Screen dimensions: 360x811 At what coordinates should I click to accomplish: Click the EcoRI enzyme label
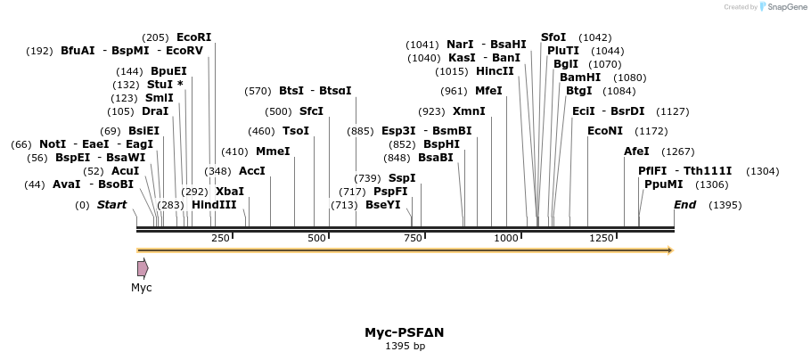pyautogui.click(x=193, y=37)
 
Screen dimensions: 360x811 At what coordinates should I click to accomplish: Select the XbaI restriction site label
pyautogui.click(x=229, y=191)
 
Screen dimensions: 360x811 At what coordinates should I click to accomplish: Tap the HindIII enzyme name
pyautogui.click(x=214, y=204)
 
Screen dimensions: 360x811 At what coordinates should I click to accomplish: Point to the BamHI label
pyautogui.click(x=580, y=78)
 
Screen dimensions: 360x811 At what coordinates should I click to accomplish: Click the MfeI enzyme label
pyautogui.click(x=488, y=91)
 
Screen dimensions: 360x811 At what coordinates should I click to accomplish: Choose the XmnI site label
pyautogui.click(x=469, y=111)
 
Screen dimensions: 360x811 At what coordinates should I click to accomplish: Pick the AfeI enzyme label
pyautogui.click(x=636, y=151)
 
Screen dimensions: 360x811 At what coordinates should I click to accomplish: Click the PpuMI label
pyautogui.click(x=663, y=184)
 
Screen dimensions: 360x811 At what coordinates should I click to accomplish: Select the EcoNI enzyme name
pyautogui.click(x=605, y=131)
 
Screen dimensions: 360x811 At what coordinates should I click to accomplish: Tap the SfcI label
pyautogui.click(x=311, y=111)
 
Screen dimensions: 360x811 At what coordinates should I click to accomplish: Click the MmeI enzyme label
pyautogui.click(x=273, y=151)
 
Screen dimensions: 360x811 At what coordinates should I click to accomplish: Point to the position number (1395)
pyautogui.click(x=725, y=205)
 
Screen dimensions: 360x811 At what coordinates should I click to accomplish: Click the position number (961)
pyautogui.click(x=454, y=91)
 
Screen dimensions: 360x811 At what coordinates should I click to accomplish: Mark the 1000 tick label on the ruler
pyautogui.click(x=506, y=238)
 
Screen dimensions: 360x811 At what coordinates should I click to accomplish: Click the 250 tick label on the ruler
pyautogui.click(x=220, y=238)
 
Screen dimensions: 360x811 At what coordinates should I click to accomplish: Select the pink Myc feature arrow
pyautogui.click(x=143, y=268)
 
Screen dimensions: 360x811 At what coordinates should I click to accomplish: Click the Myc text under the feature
pyautogui.click(x=142, y=288)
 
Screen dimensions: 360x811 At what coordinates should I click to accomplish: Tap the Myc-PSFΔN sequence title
pyautogui.click(x=405, y=332)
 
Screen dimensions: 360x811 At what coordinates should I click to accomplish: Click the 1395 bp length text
pyautogui.click(x=405, y=346)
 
